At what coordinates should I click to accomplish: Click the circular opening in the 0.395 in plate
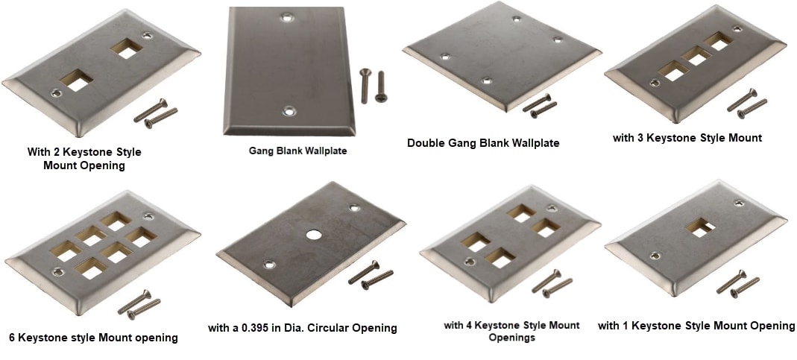point(312,235)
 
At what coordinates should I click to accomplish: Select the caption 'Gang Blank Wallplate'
point(297,151)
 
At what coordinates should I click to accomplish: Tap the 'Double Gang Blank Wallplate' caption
point(483,142)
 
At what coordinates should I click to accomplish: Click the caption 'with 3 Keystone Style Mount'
point(687,138)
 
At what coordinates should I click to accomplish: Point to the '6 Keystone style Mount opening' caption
point(93,338)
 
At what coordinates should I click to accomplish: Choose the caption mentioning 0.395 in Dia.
point(302,328)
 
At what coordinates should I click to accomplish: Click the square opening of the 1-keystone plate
point(701,228)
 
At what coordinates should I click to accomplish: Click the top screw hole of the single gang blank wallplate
point(287,15)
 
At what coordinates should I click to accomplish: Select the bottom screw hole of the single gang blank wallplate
point(290,112)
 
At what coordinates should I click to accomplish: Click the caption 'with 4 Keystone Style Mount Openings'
point(511,331)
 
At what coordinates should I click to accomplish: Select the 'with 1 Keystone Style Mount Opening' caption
point(696,326)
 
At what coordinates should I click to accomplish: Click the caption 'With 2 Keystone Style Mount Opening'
point(84,158)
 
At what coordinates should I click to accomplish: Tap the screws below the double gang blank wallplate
point(540,106)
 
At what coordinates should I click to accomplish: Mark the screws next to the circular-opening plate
point(371,275)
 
